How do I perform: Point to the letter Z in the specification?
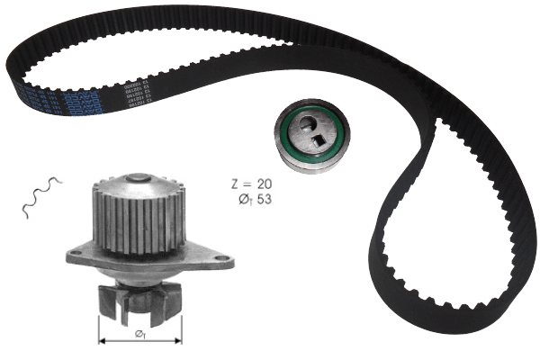pyautogui.click(x=236, y=182)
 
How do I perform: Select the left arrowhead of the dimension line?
pyautogui.click(x=102, y=342)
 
